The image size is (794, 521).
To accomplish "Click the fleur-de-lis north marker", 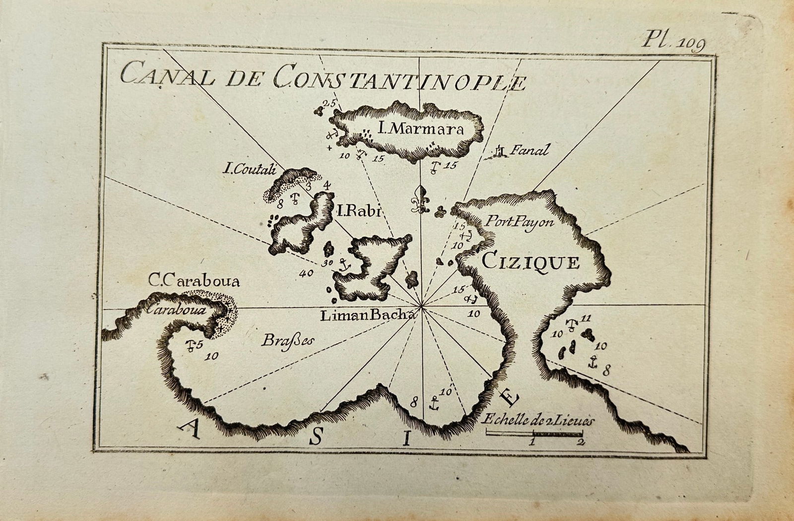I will point(421,199).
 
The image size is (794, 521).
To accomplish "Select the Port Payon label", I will point(519,222).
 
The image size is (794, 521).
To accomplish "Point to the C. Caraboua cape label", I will point(195,282).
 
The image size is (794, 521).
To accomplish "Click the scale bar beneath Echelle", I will point(534,434).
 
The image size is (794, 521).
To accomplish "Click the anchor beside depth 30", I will point(343,265).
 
